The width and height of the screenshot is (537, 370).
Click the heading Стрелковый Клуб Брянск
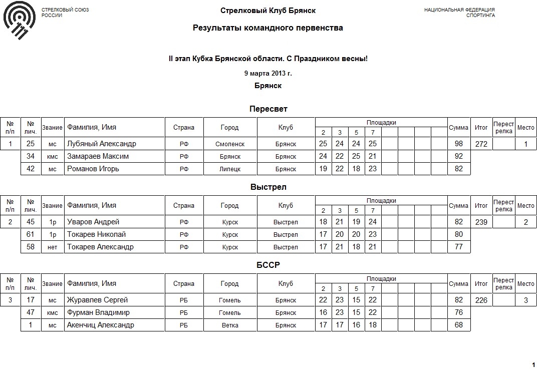pyautogui.click(x=268, y=11)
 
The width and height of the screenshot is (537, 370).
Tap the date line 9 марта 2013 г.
pyautogui.click(x=268, y=73)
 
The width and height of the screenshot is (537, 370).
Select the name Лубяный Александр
pyautogui.click(x=102, y=144)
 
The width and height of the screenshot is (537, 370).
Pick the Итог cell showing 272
pyautogui.click(x=481, y=144)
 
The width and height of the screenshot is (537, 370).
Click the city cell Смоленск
pyautogui.click(x=230, y=144)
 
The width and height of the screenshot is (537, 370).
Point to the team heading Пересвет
pyautogui.click(x=268, y=109)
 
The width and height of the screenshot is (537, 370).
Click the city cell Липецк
pyautogui.click(x=230, y=169)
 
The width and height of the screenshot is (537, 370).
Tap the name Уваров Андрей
pyautogui.click(x=93, y=222)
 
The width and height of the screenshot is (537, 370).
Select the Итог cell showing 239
pyautogui.click(x=481, y=222)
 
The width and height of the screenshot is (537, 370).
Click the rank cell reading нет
pyautogui.click(x=53, y=247)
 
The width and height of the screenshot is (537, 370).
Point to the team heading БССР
pyautogui.click(x=268, y=265)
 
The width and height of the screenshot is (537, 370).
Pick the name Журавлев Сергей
pyautogui.click(x=98, y=300)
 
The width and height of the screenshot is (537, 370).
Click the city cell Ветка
pyautogui.click(x=230, y=325)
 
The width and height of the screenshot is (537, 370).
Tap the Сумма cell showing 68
pyautogui.click(x=458, y=325)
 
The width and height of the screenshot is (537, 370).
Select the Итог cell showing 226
pyautogui.click(x=481, y=300)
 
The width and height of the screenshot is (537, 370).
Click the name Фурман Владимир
pyautogui.click(x=99, y=312)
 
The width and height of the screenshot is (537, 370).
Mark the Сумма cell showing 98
pyautogui.click(x=458, y=144)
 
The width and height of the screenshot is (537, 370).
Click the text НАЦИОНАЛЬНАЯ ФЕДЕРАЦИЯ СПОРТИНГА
pyautogui.click(x=459, y=13)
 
